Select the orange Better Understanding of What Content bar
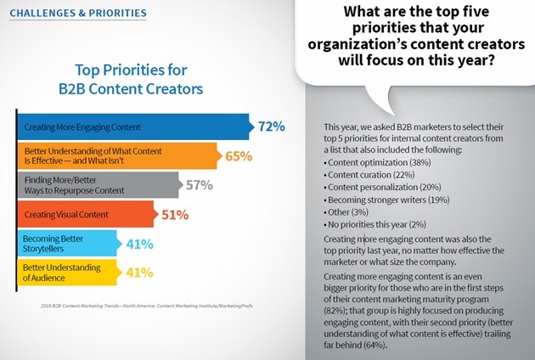117,156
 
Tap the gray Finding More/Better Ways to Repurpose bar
98,185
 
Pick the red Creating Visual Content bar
85,214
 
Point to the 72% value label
271,127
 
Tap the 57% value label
199,185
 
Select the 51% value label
174,215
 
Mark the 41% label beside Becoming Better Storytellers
140,244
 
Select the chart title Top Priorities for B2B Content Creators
132,78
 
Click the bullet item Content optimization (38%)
353,160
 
